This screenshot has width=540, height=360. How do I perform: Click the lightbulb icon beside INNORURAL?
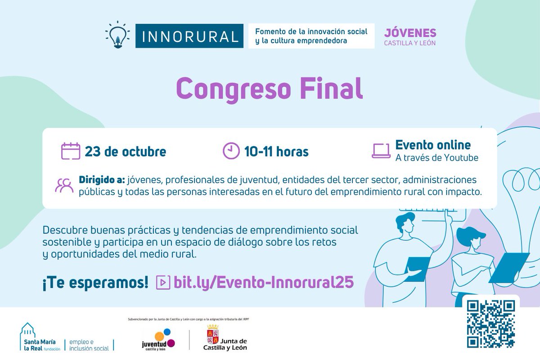[117, 35]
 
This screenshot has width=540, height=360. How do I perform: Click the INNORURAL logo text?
[189, 36]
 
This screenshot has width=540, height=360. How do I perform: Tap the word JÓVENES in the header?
[410, 33]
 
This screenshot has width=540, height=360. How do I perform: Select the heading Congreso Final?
[269, 88]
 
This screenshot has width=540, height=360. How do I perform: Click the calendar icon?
[71, 151]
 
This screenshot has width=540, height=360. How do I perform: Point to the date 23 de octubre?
[125, 152]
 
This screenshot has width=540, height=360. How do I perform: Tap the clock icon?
[231, 151]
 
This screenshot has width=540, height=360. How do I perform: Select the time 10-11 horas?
[276, 152]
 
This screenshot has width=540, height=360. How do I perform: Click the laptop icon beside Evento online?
[381, 151]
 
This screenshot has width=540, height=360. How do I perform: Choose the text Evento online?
[433, 145]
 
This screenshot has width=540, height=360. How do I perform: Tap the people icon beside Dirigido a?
[64, 185]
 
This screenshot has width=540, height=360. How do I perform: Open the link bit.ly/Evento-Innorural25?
[264, 282]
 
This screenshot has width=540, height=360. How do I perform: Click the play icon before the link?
[163, 282]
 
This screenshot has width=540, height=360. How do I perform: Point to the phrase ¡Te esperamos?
[95, 282]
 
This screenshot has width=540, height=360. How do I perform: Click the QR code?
[490, 324]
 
